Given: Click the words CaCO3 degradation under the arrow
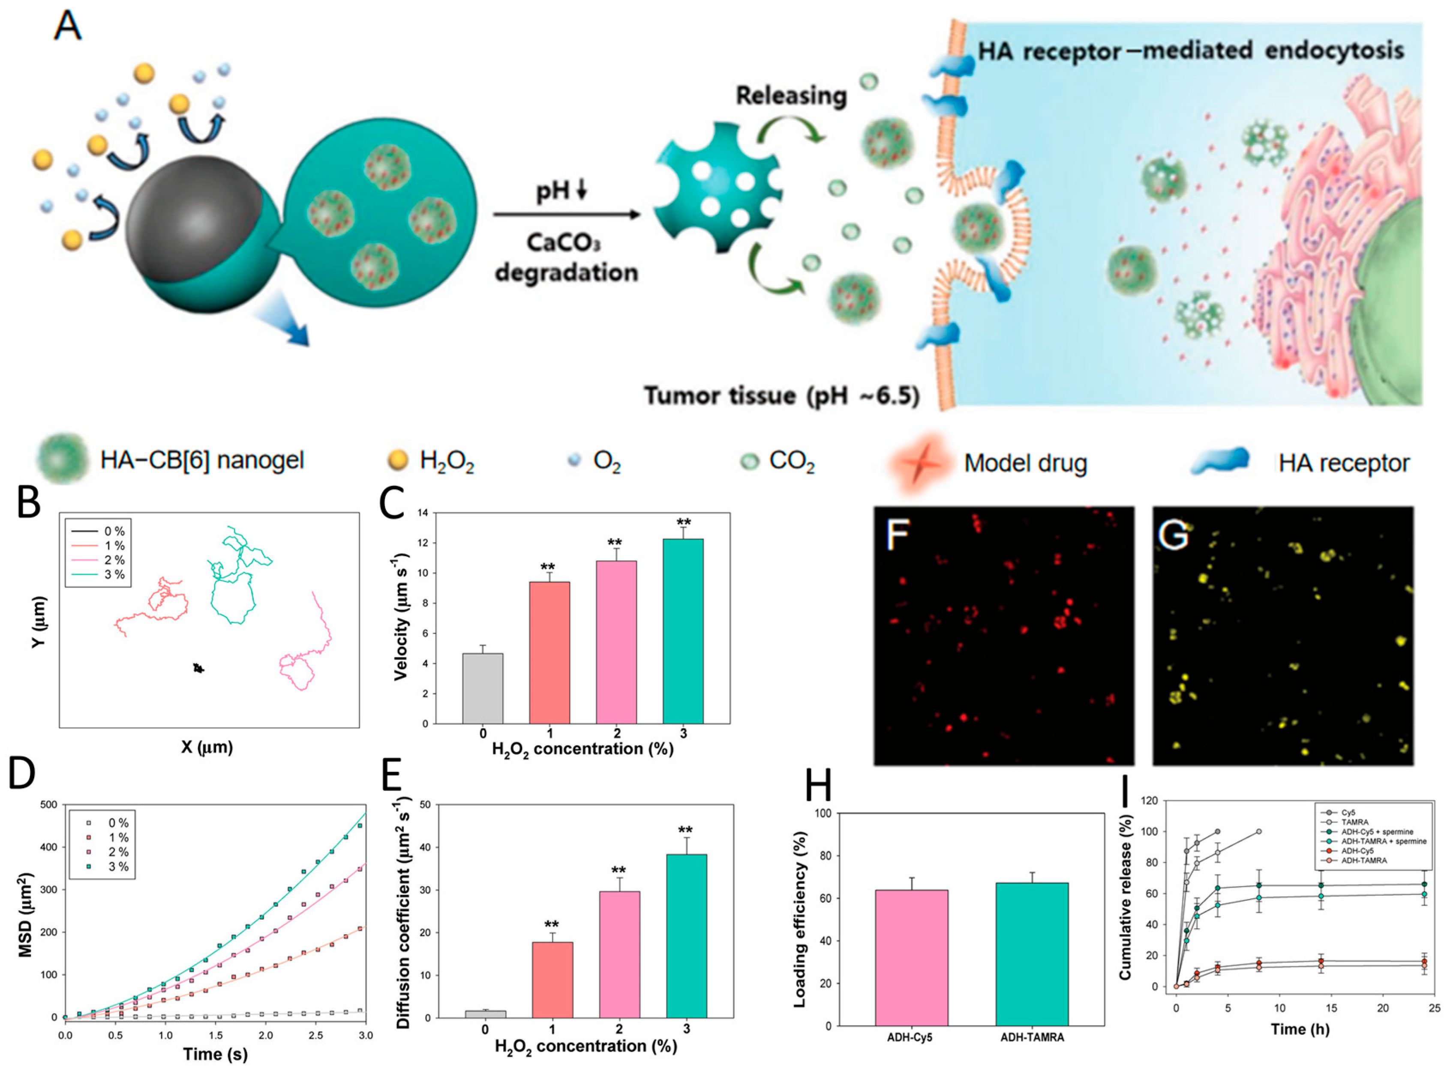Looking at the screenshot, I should coord(566,258).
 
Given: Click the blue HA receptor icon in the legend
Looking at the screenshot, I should coord(1220,461).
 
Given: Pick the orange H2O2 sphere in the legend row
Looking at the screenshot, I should coord(397,460).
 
